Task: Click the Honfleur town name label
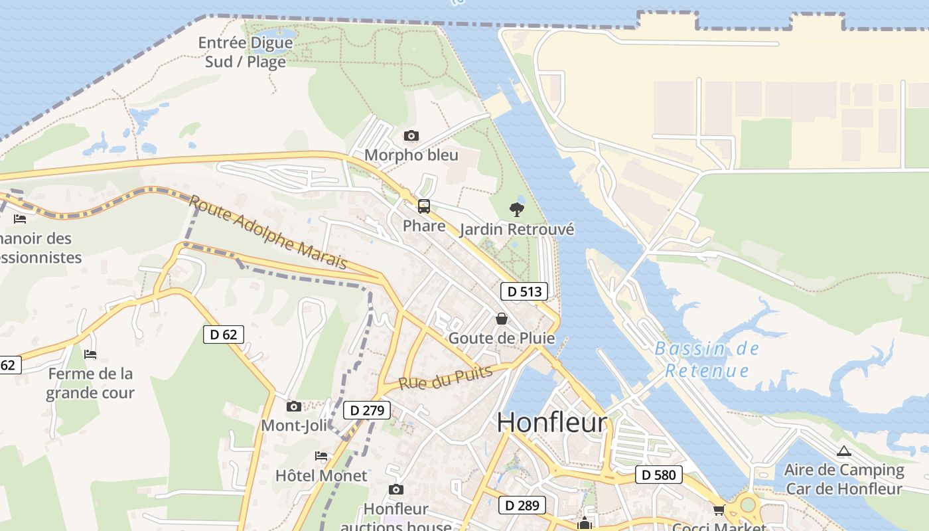tap(551, 423)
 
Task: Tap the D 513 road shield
tap(524, 291)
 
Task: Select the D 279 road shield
tap(367, 410)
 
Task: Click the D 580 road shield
tap(659, 475)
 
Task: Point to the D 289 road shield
tap(522, 505)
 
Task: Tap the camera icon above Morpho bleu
tap(411, 136)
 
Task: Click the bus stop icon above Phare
tap(424, 206)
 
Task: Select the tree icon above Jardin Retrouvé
tap(516, 210)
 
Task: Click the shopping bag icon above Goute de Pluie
tap(502, 319)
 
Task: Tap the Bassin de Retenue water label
tap(707, 359)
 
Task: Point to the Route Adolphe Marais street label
tap(268, 232)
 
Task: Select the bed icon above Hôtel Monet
tap(321, 456)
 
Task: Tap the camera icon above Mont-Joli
tap(293, 406)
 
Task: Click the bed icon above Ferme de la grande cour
tap(90, 354)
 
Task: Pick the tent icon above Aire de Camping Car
tap(843, 451)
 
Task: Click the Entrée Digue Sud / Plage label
tap(246, 52)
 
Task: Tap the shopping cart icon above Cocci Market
tap(719, 510)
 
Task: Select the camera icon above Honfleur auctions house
tap(395, 490)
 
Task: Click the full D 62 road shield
tap(224, 335)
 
